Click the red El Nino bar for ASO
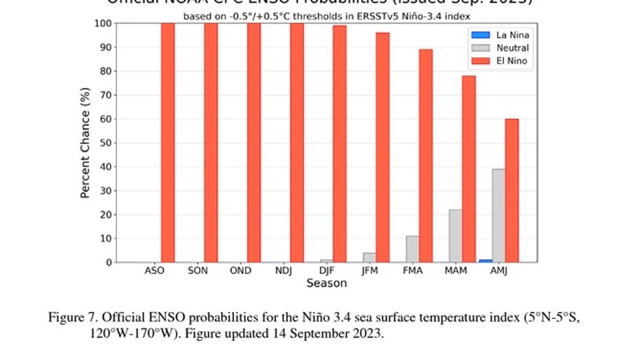168,142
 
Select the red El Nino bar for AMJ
512,190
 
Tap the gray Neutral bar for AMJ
499,216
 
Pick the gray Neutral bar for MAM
455,236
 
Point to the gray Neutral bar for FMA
413,249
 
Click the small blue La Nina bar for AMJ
485,260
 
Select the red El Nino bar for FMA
426,155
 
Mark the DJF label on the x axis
326,271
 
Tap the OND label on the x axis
240,271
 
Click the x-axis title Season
326,283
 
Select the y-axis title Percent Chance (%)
85,142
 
